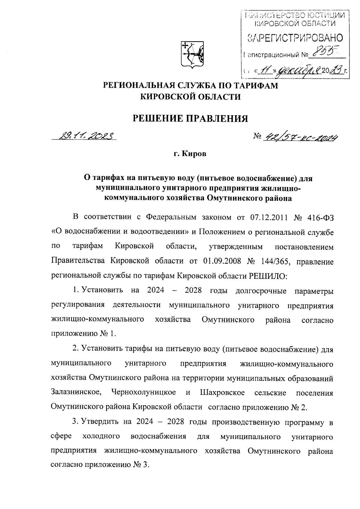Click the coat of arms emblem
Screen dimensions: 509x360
192,54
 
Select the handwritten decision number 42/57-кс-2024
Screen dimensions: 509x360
300,137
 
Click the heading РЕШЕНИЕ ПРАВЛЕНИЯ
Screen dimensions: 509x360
190,118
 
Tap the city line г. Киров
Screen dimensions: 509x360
190,154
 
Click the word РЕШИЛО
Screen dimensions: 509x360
268,276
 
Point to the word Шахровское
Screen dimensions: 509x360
222,392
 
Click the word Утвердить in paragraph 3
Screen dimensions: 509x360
100,422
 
